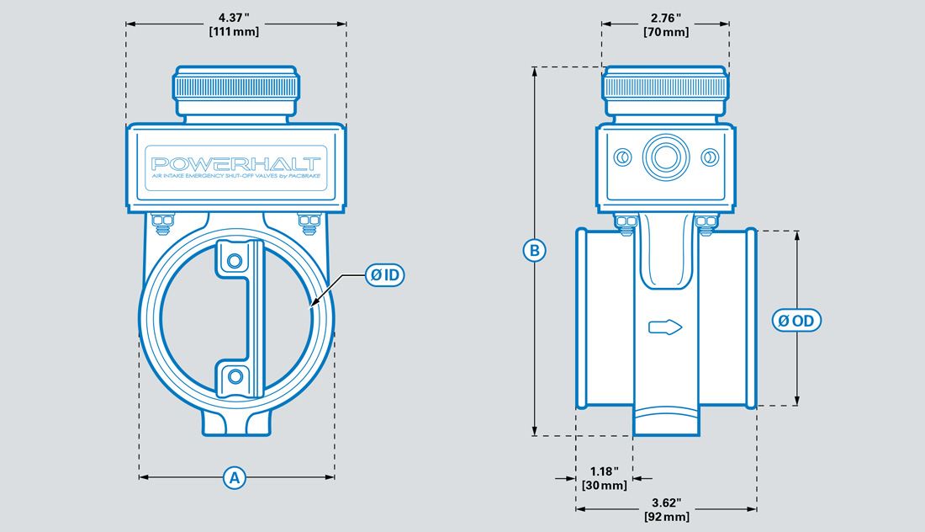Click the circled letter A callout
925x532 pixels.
coord(235,477)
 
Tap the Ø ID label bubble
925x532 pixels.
coord(384,274)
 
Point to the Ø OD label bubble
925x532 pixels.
coord(795,321)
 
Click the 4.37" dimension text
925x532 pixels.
coord(235,17)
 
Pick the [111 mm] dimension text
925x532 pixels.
coord(235,31)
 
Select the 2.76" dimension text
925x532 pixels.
coord(665,17)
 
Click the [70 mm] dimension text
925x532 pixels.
coord(665,32)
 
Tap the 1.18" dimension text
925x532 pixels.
coord(604,471)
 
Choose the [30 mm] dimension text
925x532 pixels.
coord(604,485)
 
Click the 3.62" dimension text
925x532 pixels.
coord(665,502)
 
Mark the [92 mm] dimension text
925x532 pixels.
coord(665,516)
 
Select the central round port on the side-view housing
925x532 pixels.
coord(665,157)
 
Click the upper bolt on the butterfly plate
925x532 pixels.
coord(235,258)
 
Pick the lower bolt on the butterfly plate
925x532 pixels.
coord(235,375)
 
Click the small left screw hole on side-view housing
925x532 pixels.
coord(622,157)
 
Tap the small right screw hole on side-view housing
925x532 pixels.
coord(708,157)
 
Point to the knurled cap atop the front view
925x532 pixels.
coord(235,87)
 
